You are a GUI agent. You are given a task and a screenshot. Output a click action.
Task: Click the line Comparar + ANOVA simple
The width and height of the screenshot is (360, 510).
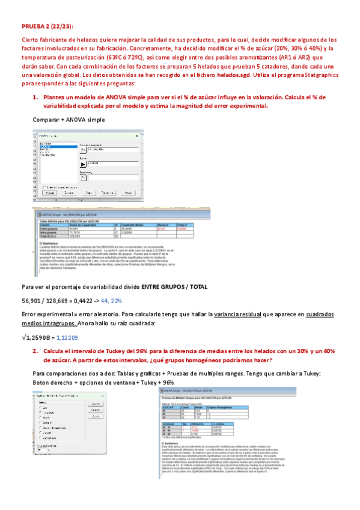click(x=69, y=120)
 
